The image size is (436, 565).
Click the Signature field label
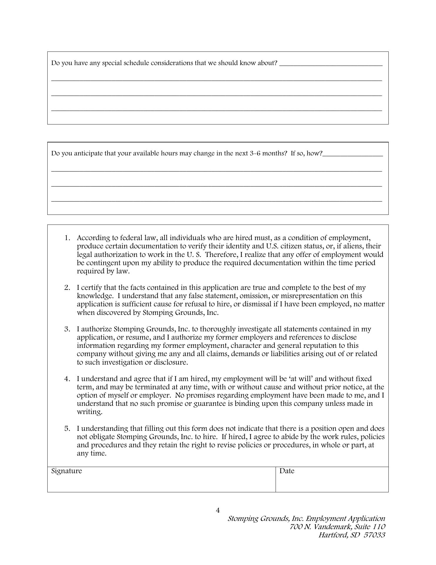pos(66,471)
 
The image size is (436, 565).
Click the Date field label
pos(287,471)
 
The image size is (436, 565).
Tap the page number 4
pos(218,510)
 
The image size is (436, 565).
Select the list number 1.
pos(67,238)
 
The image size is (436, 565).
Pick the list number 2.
pos(67,288)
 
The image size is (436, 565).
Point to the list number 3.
pos(67,329)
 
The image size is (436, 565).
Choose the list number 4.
pos(67,379)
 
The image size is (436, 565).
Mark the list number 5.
pos(67,428)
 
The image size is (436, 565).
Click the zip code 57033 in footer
pos(374,535)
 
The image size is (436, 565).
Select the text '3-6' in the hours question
pos(254,153)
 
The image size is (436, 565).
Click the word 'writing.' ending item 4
pos(90,412)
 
